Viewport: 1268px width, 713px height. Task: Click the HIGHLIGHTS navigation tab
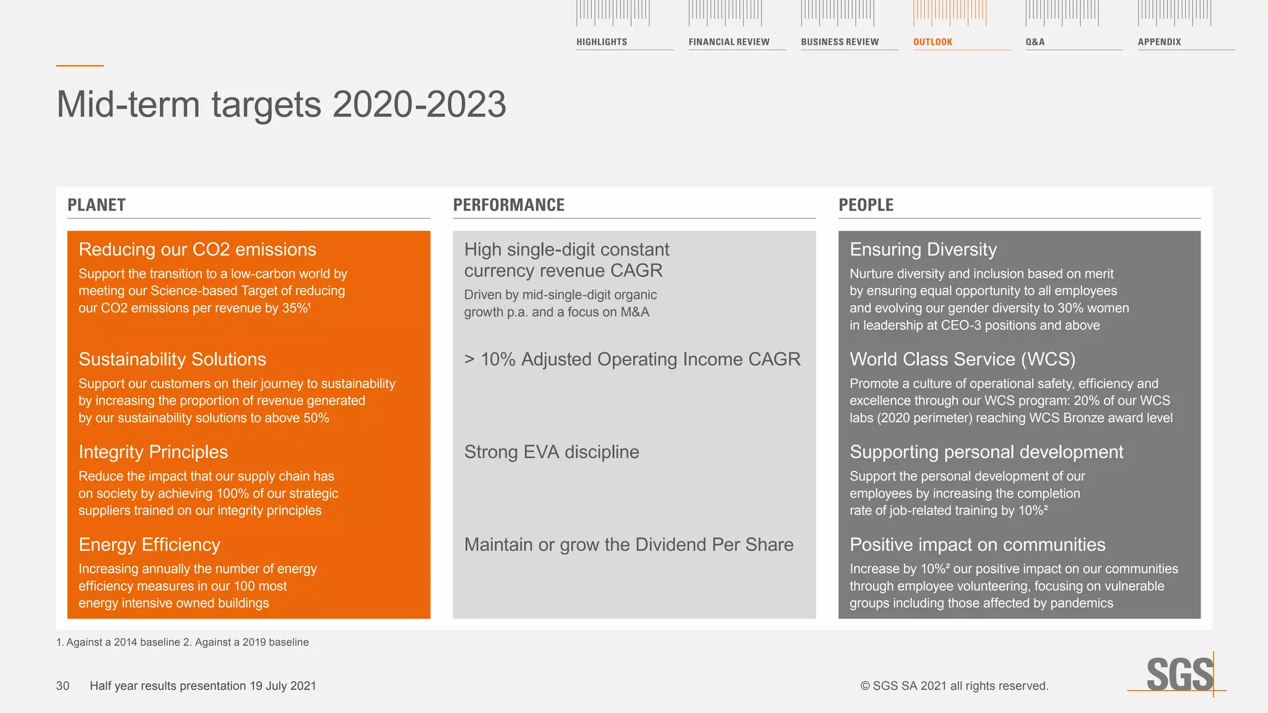click(601, 42)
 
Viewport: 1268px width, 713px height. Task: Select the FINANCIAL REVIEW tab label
click(729, 42)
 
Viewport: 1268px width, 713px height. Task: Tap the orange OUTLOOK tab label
click(932, 42)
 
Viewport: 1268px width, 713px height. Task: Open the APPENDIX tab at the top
click(1159, 42)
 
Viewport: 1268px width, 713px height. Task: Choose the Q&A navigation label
click(1035, 42)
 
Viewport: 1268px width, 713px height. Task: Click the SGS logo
click(1179, 674)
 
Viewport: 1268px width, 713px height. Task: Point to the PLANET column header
click(97, 205)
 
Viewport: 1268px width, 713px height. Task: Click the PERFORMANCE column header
click(508, 205)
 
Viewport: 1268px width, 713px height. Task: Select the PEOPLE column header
click(866, 205)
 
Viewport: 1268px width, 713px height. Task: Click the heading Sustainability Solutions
click(172, 360)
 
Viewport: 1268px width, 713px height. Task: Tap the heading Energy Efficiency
click(149, 545)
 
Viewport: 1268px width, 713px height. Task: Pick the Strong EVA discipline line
click(551, 452)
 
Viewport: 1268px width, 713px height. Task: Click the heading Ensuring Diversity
click(923, 249)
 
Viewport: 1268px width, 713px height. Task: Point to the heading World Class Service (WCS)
click(962, 360)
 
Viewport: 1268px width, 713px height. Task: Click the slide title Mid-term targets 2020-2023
click(281, 104)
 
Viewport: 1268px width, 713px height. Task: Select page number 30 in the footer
click(63, 686)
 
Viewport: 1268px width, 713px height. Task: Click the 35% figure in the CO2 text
click(295, 308)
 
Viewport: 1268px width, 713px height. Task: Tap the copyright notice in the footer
click(954, 686)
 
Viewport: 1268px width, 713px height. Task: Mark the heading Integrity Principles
click(153, 452)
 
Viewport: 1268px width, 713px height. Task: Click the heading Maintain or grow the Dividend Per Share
click(628, 545)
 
